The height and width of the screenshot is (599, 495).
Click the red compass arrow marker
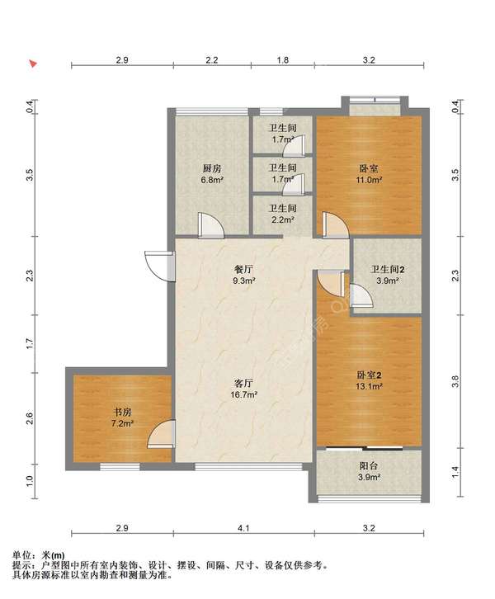click(x=34, y=64)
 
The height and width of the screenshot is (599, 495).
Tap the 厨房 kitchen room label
click(x=212, y=168)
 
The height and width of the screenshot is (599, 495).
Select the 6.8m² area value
click(x=212, y=180)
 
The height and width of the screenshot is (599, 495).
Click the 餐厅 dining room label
click(x=243, y=269)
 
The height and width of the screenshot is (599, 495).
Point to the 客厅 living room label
click(x=243, y=383)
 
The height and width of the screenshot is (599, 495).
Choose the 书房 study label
click(x=122, y=413)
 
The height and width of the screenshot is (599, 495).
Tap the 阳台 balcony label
click(x=369, y=465)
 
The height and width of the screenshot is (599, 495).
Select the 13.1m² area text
click(x=369, y=386)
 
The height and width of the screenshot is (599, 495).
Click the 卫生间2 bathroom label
click(x=387, y=269)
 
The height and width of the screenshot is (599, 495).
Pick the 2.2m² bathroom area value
click(x=283, y=219)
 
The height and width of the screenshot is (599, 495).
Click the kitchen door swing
click(x=211, y=226)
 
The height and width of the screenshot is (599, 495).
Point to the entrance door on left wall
click(x=160, y=266)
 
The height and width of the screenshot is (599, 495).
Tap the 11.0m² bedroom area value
click(x=369, y=180)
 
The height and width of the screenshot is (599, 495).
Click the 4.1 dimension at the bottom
click(x=243, y=528)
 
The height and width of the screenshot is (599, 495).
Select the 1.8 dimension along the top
click(x=283, y=60)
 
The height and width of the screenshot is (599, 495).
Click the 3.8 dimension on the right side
click(x=455, y=381)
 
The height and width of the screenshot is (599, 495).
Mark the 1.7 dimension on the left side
click(x=31, y=343)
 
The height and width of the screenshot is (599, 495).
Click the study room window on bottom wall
click(x=120, y=466)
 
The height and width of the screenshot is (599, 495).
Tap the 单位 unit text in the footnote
click(x=21, y=555)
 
